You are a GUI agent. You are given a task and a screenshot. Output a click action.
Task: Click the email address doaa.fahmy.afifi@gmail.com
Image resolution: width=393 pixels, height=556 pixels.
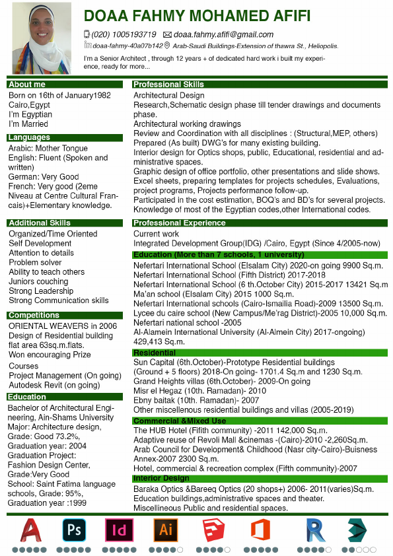click(x=223, y=35)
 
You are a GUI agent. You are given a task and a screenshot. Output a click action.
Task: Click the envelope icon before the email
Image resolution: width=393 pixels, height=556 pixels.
click(x=167, y=35)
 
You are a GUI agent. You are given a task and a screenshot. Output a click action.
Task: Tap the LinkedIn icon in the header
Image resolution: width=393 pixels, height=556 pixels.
click(x=88, y=46)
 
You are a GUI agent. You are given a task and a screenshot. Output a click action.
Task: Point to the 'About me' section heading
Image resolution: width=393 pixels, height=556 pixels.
click(x=27, y=85)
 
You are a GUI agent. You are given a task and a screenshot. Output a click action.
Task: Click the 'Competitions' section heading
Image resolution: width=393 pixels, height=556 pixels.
click(x=34, y=316)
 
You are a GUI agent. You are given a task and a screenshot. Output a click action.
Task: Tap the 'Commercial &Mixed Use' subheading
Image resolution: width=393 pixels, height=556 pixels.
click(x=180, y=421)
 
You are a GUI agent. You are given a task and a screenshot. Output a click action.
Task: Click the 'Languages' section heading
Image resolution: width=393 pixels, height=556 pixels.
click(x=29, y=138)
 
